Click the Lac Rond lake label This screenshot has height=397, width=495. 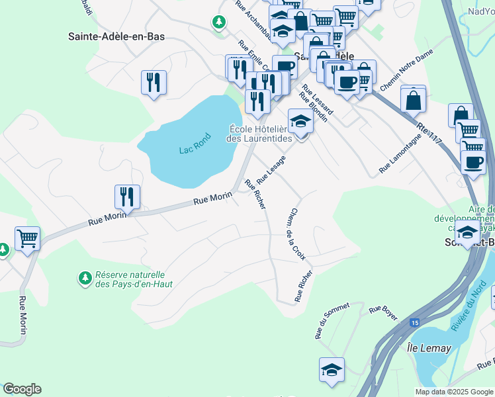[x=195, y=150]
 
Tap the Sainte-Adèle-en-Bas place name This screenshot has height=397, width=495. [x=116, y=36]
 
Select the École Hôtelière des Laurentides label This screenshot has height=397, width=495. [x=259, y=134]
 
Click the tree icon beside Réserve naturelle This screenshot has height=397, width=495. [x=84, y=278]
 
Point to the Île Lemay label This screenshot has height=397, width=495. [x=429, y=348]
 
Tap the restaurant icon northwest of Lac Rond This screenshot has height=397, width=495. [x=154, y=83]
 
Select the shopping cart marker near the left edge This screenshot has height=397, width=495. [x=27, y=238]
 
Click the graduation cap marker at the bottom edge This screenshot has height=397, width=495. [x=332, y=370]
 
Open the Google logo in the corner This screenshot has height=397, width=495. [x=22, y=389]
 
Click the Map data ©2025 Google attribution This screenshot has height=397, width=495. [x=453, y=392]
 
